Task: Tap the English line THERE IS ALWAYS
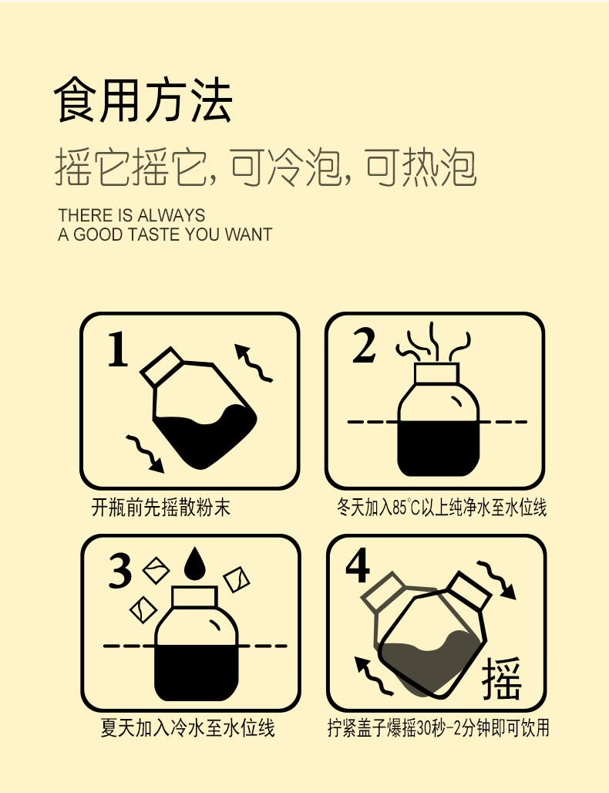pos(131,215)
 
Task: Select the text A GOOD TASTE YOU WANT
pos(165,235)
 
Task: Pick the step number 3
pos(122,572)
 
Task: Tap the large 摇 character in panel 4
pos(502,679)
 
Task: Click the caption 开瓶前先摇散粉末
pos(161,508)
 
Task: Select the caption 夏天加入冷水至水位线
pos(188,727)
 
